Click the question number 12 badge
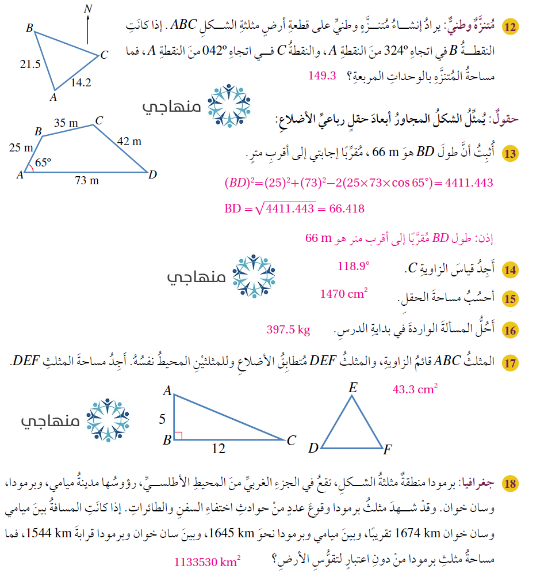(510, 26)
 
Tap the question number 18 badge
(510, 483)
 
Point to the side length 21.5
(30, 64)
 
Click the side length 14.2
(81, 82)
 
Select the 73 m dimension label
(87, 181)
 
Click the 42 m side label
(129, 141)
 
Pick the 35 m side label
(66, 122)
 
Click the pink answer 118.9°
(354, 265)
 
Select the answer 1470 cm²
(344, 294)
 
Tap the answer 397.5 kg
(288, 329)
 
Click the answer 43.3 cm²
(415, 390)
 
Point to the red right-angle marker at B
(178, 436)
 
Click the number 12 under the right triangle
(218, 449)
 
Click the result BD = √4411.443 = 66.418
(294, 208)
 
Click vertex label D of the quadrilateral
(152, 174)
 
